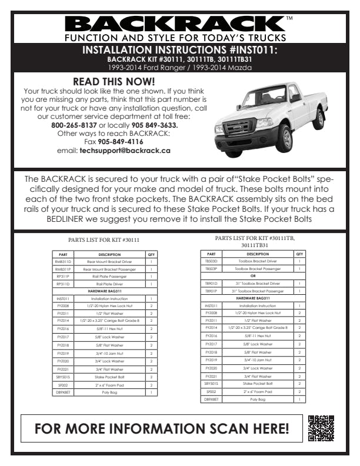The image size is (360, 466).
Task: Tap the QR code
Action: coord(321,428)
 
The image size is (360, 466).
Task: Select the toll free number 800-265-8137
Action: coord(74,125)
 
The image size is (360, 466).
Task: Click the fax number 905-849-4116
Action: coord(120,142)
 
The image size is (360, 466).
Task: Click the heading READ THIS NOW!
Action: coord(114,82)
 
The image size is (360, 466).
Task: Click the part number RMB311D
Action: coord(63,261)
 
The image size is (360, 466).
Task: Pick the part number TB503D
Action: coord(211,261)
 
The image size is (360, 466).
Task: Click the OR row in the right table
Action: coord(253,275)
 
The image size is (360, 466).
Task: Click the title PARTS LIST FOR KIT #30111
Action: coord(104,240)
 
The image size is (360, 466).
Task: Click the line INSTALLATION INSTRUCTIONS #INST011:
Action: coord(179,50)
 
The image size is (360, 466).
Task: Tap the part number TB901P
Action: coord(211,291)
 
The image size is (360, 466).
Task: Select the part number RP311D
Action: coord(63,284)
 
